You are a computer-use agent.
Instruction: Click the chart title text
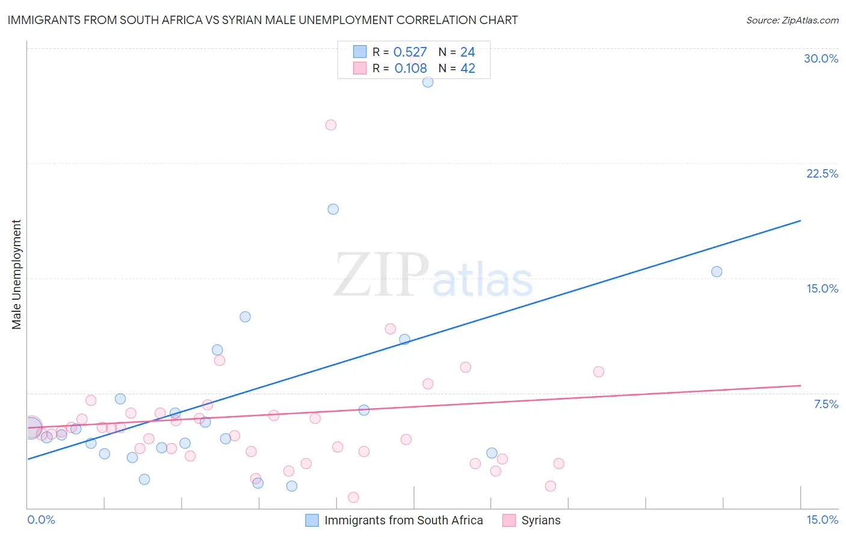pyautogui.click(x=262, y=20)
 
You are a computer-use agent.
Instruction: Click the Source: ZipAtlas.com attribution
pyautogui.click(x=792, y=20)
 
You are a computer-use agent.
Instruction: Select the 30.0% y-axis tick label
pyautogui.click(x=821, y=58)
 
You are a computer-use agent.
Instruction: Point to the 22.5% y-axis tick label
pyautogui.click(x=822, y=173)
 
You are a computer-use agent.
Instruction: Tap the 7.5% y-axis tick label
pyautogui.click(x=826, y=404)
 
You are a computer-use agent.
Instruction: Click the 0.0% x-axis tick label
pyautogui.click(x=41, y=520)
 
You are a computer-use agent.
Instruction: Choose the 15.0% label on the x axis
pyautogui.click(x=822, y=520)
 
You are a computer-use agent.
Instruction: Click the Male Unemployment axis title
pyautogui.click(x=17, y=275)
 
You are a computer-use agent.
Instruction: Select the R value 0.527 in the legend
pyautogui.click(x=410, y=52)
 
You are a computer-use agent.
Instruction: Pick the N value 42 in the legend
pyautogui.click(x=468, y=69)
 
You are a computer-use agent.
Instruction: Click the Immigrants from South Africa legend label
pyautogui.click(x=403, y=520)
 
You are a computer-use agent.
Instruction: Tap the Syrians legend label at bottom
pyautogui.click(x=540, y=520)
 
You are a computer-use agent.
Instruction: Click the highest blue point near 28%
pyautogui.click(x=428, y=82)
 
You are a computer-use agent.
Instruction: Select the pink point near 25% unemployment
pyautogui.click(x=330, y=125)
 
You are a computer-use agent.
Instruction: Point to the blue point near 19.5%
pyautogui.click(x=333, y=210)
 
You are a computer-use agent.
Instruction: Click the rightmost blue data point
pyautogui.click(x=717, y=272)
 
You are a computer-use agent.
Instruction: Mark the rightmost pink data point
pyautogui.click(x=598, y=371)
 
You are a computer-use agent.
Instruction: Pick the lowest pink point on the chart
pyautogui.click(x=353, y=497)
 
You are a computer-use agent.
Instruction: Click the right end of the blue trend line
pyautogui.click(x=800, y=221)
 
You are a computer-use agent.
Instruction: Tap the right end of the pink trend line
pyautogui.click(x=800, y=385)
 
